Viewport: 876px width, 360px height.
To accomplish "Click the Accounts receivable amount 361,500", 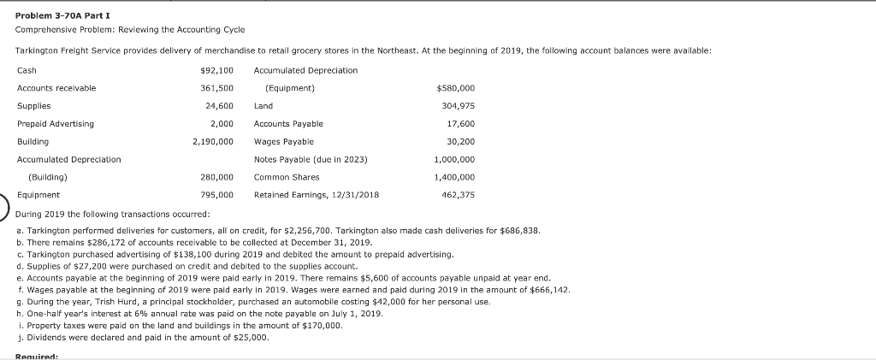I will [216, 88].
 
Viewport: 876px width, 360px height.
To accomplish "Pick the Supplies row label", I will [33, 106].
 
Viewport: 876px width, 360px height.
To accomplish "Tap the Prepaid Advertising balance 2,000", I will [222, 124].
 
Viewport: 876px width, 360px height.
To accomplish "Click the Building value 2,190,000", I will [213, 141].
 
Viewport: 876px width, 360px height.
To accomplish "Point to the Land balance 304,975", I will [458, 106].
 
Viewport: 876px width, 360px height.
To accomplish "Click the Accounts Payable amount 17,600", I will [460, 124].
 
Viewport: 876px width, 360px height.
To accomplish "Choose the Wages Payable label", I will [284, 141].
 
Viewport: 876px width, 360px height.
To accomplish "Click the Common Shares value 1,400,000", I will [454, 177].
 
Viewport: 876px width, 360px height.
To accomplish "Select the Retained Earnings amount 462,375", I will [458, 195].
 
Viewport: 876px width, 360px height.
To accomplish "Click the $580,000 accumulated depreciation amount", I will [455, 88].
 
